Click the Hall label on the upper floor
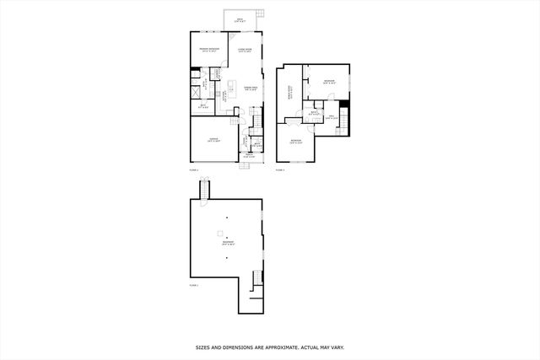coord(332,117)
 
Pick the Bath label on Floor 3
coord(313,112)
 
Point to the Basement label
coord(228,243)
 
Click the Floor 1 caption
coord(193,287)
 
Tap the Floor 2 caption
coord(193,169)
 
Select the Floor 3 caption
coord(280,169)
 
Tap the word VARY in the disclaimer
coord(336,347)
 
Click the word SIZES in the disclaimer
coord(203,347)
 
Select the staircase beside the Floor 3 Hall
coord(343,125)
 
